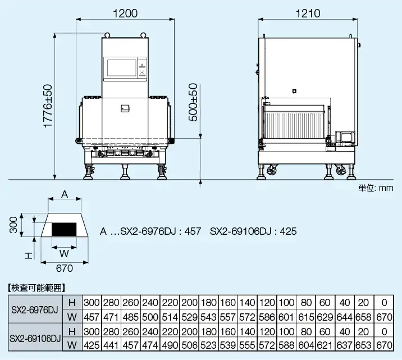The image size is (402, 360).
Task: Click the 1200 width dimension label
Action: pos(125,13)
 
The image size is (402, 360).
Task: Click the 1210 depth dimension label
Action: pos(308,13)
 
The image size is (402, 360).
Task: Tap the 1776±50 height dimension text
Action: pos(48,106)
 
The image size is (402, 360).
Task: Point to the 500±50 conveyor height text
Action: pos(193,102)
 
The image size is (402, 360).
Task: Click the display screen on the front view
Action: pos(121,68)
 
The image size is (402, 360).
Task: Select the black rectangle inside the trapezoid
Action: pos(64,229)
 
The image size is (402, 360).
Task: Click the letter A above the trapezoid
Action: pos(65,194)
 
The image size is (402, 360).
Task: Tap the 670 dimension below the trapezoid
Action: pos(65,268)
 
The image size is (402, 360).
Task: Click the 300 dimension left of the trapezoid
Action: pos(13,225)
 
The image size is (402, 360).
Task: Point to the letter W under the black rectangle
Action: pos(64,254)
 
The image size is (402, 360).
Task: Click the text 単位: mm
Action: pos(376,188)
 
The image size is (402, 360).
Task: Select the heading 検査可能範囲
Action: pos(36,288)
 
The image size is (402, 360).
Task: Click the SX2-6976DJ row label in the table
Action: pos(35,310)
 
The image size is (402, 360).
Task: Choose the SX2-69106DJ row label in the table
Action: pos(35,339)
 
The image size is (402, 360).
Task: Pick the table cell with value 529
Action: pos(189,317)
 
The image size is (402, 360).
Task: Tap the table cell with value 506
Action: pos(189,345)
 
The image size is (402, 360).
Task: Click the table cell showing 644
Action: pos(345,317)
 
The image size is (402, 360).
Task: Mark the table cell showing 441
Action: pos(111,345)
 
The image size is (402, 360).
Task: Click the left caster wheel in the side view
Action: pos(272,170)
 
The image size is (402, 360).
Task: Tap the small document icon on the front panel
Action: pos(125,108)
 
